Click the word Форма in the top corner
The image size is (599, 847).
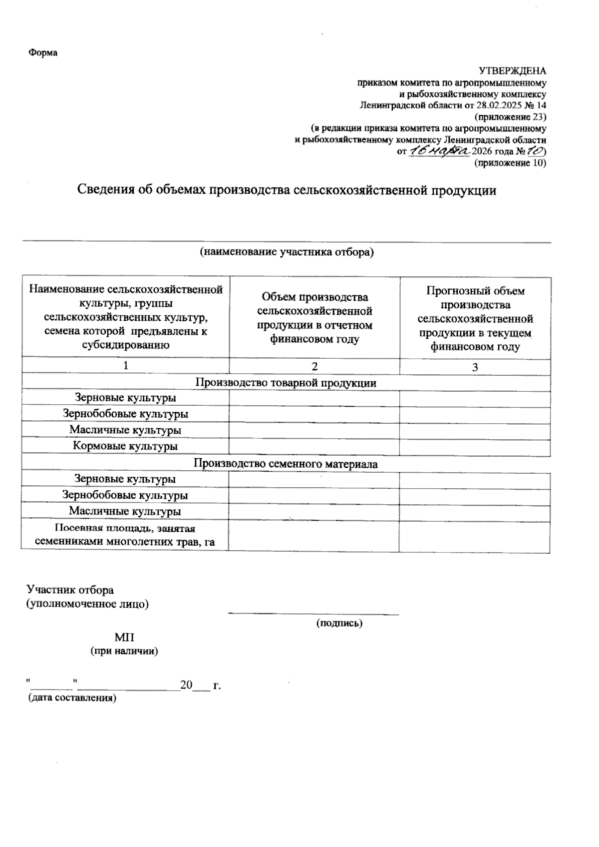[42, 53]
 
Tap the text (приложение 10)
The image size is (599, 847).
[510, 163]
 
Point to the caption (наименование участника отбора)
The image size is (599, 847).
[287, 252]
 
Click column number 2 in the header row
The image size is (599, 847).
[314, 366]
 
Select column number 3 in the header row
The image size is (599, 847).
[475, 367]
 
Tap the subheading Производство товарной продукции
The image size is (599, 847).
[286, 383]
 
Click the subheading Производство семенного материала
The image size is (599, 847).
[286, 464]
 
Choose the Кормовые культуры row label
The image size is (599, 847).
[125, 446]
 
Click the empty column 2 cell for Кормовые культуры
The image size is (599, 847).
[314, 447]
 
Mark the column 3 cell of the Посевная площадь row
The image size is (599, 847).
[475, 536]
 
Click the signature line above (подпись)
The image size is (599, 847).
[313, 613]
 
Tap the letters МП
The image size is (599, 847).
[124, 638]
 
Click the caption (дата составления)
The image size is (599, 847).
[71, 698]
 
